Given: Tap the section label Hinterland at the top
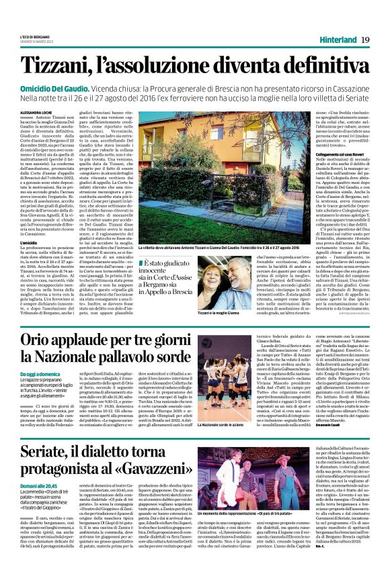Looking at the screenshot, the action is pos(333,41).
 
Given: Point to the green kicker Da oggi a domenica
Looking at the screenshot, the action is pos(38,373).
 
